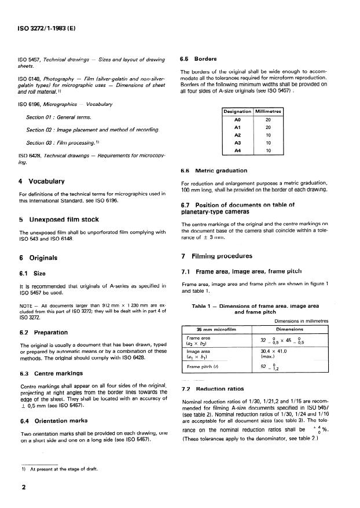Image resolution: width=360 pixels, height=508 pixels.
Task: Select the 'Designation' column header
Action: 237,111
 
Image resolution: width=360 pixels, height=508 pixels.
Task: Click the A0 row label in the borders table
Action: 237,119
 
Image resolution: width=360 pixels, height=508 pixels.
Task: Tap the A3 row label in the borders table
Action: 237,142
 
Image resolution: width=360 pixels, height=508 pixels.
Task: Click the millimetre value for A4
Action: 267,150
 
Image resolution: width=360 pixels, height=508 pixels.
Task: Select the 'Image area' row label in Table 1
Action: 197,351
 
